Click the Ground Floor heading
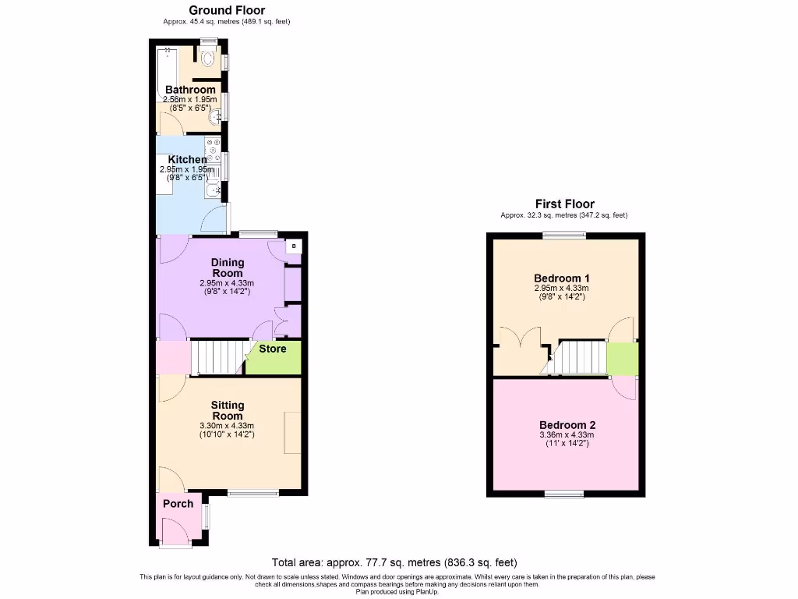227,10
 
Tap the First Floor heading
563,204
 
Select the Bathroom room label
190,90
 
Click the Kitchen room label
187,159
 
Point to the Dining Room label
227,268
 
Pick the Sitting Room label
227,410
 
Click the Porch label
178,503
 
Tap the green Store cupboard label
273,349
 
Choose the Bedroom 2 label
567,425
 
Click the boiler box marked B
294,246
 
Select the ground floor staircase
214,357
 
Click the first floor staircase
578,357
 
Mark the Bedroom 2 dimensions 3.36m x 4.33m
567,435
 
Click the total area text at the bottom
394,562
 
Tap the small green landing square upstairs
622,359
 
